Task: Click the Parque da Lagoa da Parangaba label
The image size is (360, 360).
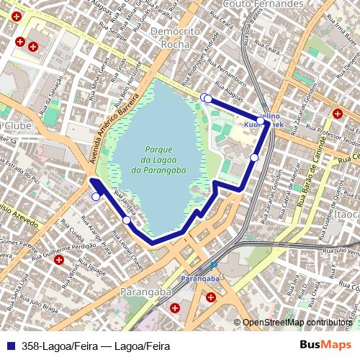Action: pos(159,159)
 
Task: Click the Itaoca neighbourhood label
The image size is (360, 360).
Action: pos(347,215)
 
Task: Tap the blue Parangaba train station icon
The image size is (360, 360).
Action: pos(214,265)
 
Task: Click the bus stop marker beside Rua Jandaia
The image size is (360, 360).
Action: pos(127,220)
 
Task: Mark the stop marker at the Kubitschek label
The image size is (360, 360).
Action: pos(261,121)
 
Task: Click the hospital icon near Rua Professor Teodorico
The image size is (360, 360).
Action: pos(337,113)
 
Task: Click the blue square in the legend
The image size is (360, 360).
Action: pos(9,346)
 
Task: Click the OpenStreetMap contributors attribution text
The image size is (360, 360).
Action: pos(297,323)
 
